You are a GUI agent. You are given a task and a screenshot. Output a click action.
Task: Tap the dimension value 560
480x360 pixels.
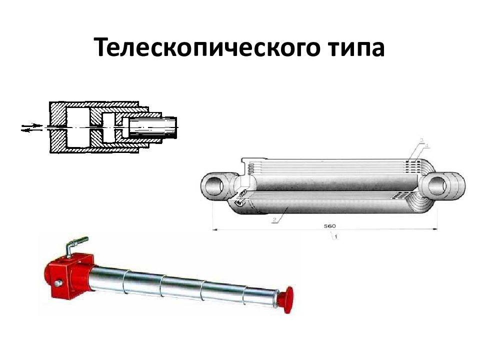[x=329, y=225]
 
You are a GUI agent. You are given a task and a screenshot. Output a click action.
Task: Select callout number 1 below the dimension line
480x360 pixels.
[x=335, y=236]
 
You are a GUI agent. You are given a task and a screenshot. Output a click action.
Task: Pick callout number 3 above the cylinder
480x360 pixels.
[x=421, y=140]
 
